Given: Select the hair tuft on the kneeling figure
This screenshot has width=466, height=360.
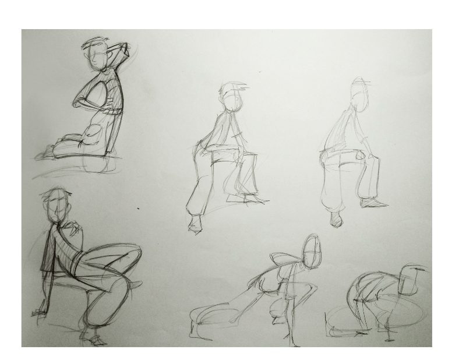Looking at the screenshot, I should coord(93,42).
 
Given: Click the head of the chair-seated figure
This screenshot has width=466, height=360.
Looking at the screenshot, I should coord(57,205).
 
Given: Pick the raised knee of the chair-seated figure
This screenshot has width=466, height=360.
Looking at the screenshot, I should coord(133,252).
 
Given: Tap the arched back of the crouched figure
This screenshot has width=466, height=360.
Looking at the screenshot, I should coord(373,280).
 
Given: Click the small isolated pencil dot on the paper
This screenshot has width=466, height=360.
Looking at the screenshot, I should coord(138,208).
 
